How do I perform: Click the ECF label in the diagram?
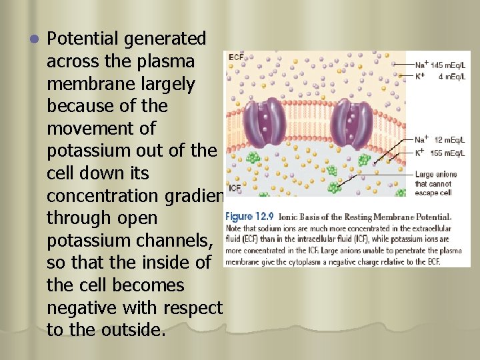236,58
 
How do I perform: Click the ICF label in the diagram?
235,188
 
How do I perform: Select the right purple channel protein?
351,123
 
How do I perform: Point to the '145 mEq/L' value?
448,65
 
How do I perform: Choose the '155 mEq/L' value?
448,153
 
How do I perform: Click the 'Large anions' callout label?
435,175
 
